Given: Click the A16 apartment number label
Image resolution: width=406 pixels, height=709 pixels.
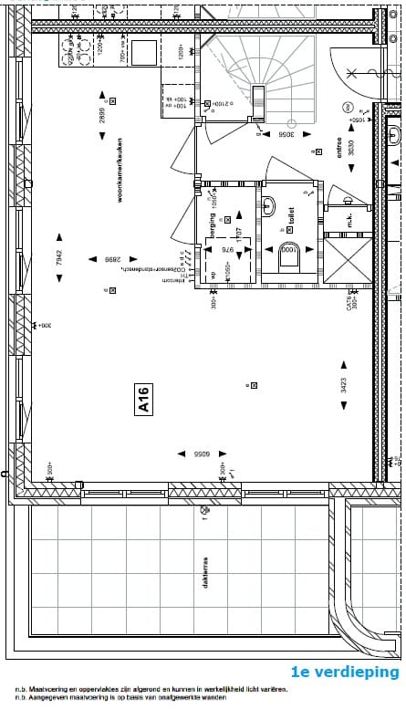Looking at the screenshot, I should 143,401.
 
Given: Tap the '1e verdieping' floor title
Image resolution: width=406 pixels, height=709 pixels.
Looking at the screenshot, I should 345,673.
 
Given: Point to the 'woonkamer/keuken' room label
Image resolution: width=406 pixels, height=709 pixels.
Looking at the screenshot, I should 120,168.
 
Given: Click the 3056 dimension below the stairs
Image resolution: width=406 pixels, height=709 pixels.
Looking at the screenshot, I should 286,134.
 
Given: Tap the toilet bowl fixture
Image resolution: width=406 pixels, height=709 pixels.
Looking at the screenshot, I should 290,255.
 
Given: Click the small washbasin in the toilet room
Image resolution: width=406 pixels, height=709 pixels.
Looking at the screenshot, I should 270,206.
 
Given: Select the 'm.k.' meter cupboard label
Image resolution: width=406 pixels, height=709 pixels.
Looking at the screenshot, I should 349,219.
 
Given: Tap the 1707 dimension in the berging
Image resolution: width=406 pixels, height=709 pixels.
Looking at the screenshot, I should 235,241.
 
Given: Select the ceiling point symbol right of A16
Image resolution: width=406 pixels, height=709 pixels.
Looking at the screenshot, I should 254,386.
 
